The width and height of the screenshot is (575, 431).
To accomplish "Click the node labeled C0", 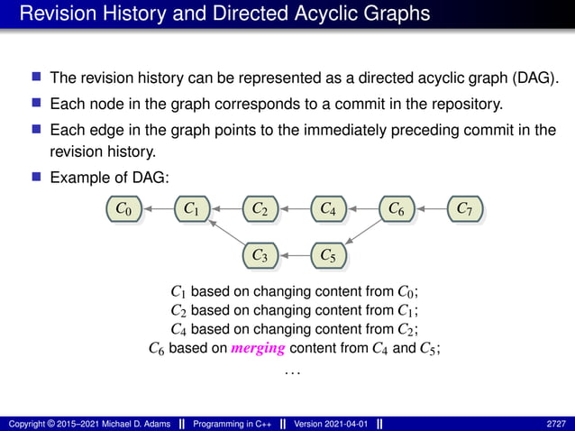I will point(124,209).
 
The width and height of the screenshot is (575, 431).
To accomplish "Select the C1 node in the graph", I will point(192,209).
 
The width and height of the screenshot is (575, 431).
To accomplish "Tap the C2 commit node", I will point(260,209).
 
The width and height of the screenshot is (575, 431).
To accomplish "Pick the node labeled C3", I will point(260,256).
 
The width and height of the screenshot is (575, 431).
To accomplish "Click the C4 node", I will point(328,209).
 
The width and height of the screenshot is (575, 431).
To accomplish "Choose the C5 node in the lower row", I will point(328,256).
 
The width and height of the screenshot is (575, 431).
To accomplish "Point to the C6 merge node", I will point(396,209).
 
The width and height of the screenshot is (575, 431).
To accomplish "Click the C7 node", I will point(464,209).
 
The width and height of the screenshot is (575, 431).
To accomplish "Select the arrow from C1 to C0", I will point(158,209).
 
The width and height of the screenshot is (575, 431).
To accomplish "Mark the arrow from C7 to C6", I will point(430,209).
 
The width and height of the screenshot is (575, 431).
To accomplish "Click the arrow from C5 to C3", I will point(294,256).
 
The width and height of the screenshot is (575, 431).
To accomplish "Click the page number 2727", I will point(556,423).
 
